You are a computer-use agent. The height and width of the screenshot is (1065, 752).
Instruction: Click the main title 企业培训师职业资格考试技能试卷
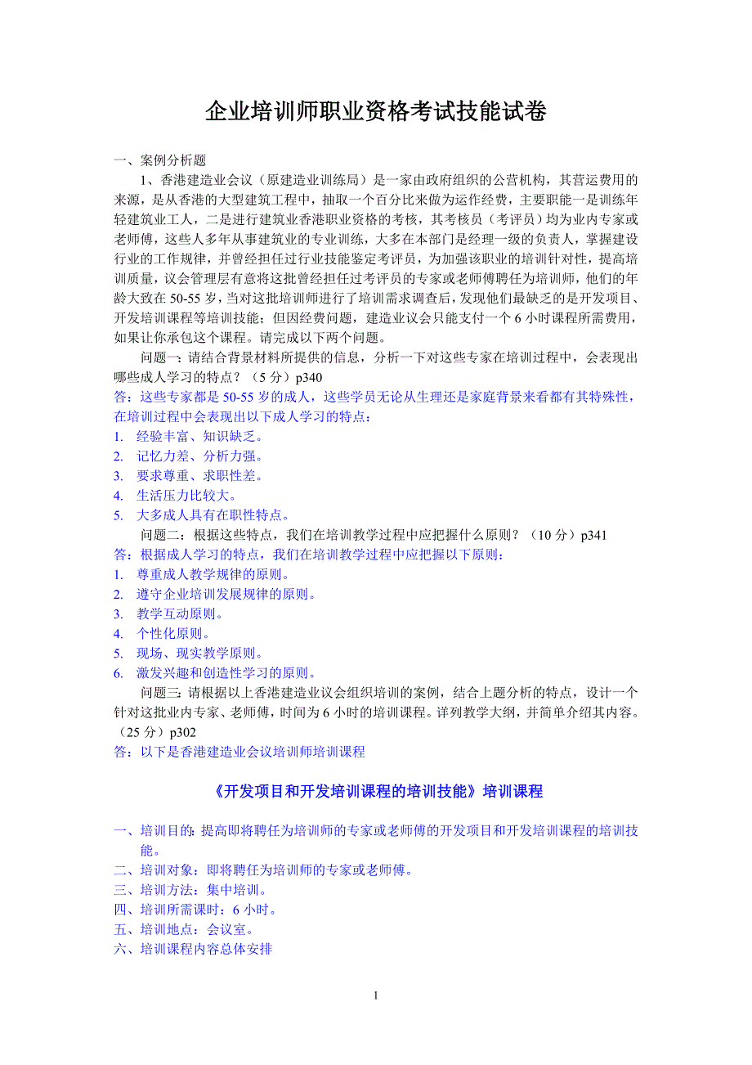coord(375,112)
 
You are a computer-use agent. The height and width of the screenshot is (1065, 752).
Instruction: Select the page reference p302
coord(183,732)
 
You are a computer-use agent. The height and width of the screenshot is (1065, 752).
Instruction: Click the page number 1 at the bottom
coord(375,995)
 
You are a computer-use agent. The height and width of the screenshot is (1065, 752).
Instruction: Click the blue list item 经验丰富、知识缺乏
coord(199,436)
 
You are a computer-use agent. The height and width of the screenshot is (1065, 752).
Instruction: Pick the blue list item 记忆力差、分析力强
coord(199,456)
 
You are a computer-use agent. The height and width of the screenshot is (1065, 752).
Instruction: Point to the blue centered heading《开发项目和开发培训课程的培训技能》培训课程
coord(375,792)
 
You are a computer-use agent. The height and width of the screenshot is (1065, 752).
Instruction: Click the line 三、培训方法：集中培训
coord(190,890)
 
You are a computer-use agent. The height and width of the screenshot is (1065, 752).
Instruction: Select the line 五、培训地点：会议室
coord(184,929)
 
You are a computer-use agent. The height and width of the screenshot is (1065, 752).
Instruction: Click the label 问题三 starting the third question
coord(159,693)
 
